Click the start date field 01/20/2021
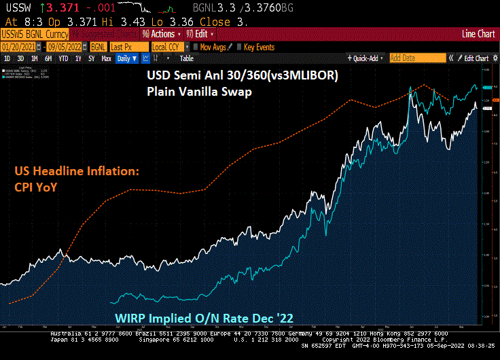click(x=18, y=46)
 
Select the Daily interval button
click(x=126, y=58)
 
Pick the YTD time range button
click(x=64, y=58)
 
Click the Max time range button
click(x=106, y=58)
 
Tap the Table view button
click(x=185, y=58)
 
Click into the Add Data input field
click(x=418, y=58)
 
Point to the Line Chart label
click(x=478, y=33)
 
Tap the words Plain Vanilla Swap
click(x=198, y=91)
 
